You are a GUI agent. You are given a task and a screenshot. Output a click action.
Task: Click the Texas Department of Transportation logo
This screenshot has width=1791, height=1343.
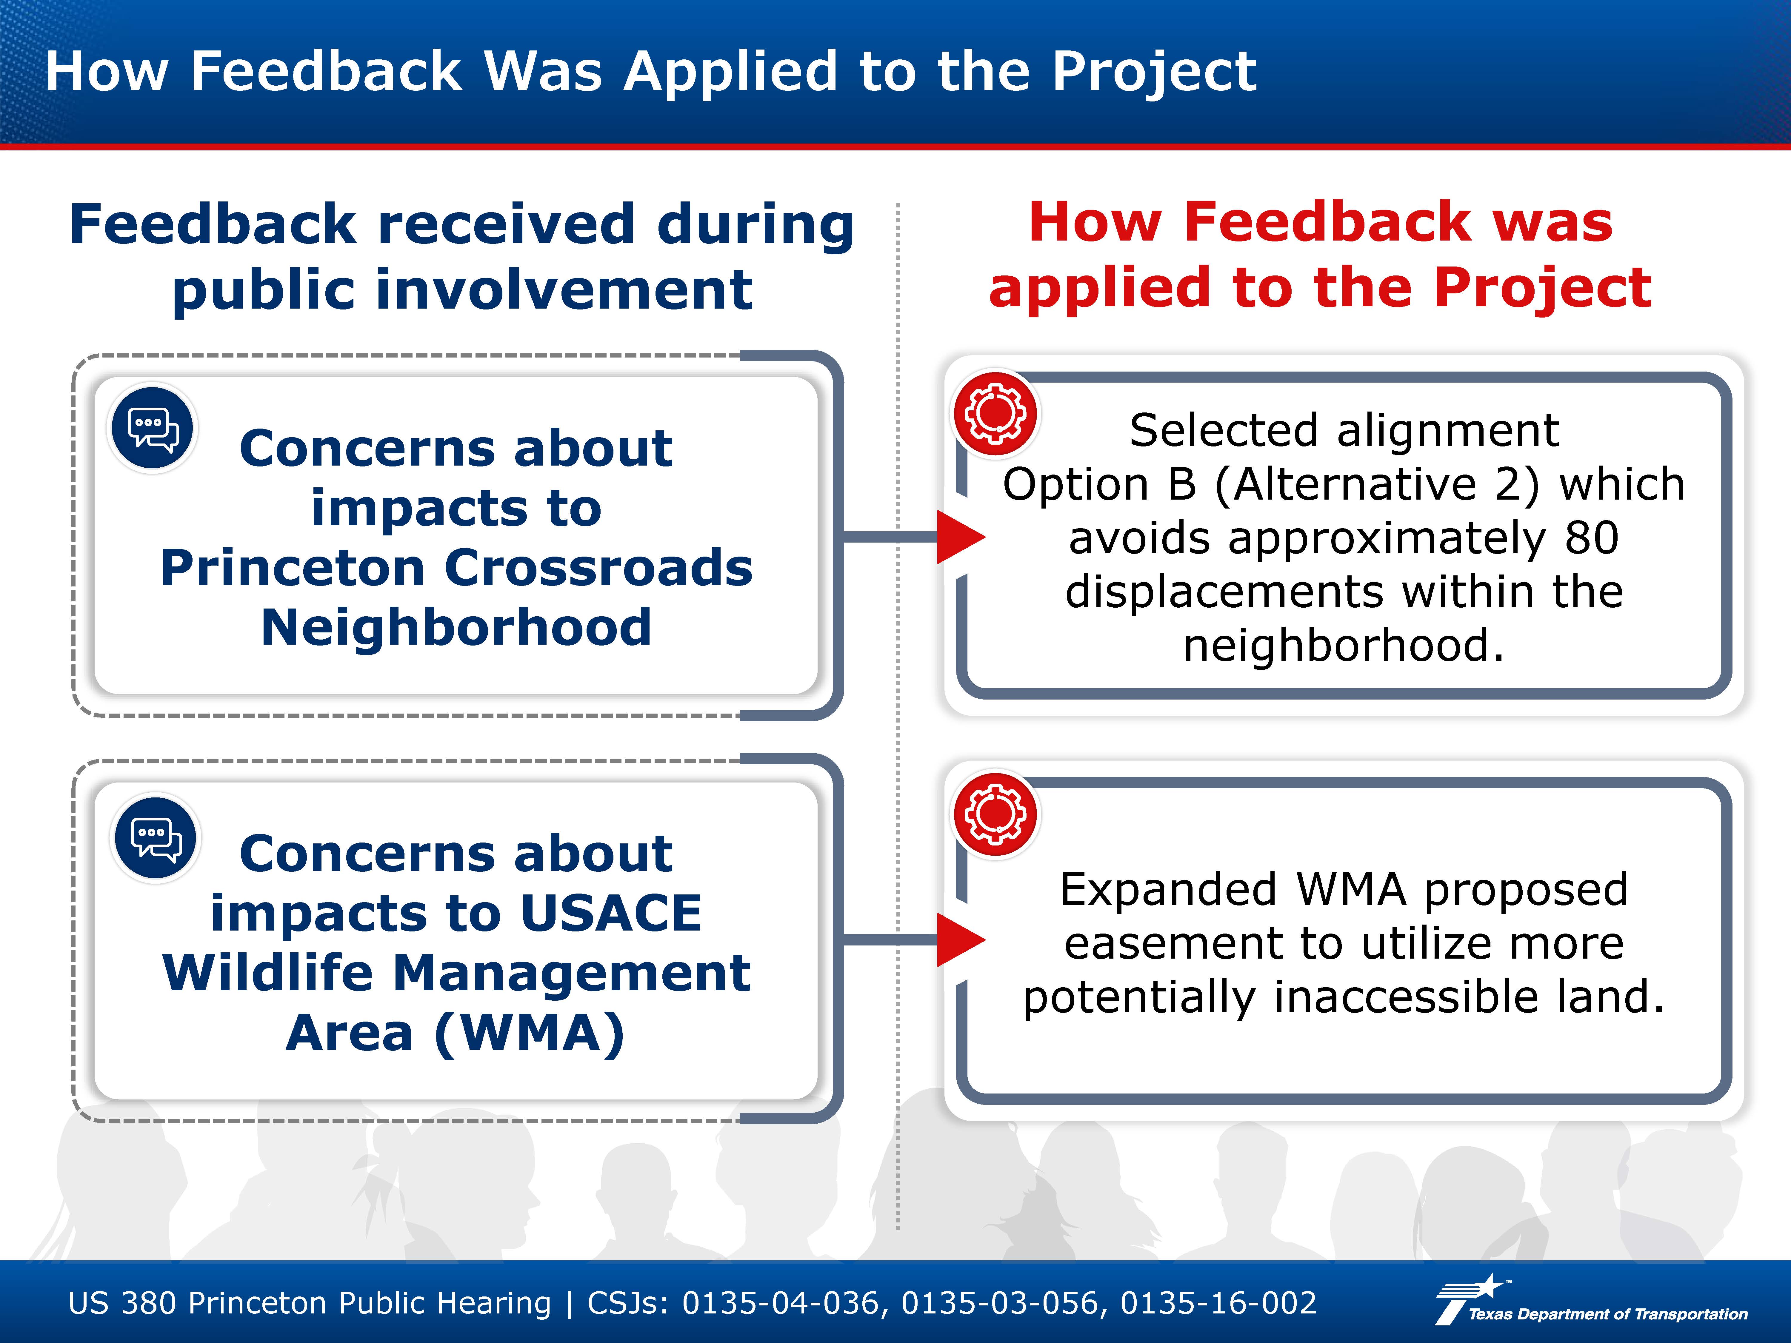[x=1591, y=1301]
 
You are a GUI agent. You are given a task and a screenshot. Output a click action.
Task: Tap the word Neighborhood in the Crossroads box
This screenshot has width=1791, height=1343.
[x=456, y=627]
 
